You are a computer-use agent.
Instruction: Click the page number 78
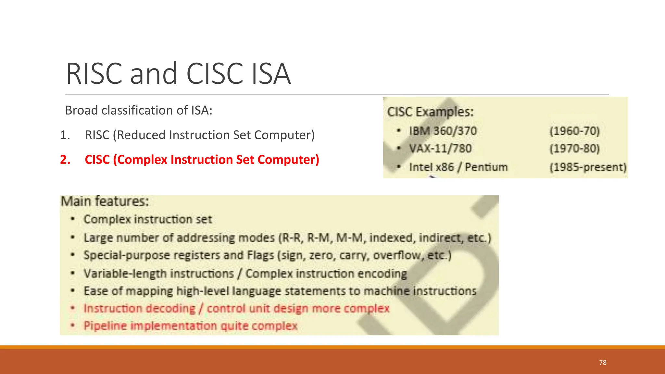click(x=603, y=363)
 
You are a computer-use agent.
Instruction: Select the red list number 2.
click(x=65, y=160)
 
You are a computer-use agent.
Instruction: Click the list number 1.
click(x=65, y=135)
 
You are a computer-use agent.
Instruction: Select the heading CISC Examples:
click(x=430, y=112)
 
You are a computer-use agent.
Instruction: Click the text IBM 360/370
click(x=443, y=131)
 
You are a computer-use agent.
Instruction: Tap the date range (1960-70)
click(x=574, y=131)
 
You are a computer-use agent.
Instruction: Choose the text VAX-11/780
click(x=440, y=149)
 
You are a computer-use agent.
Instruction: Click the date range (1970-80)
click(x=574, y=149)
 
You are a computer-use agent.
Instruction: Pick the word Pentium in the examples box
click(x=486, y=167)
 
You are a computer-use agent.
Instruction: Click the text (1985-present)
click(x=588, y=167)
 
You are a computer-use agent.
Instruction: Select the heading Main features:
click(x=105, y=201)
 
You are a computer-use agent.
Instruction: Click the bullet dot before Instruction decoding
click(x=73, y=308)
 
